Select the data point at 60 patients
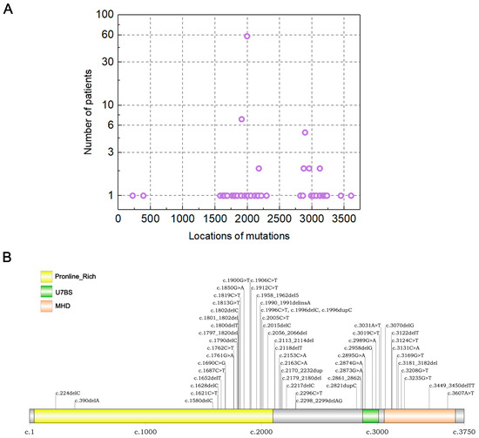coord(247,36)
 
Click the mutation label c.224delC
coord(69,393)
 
